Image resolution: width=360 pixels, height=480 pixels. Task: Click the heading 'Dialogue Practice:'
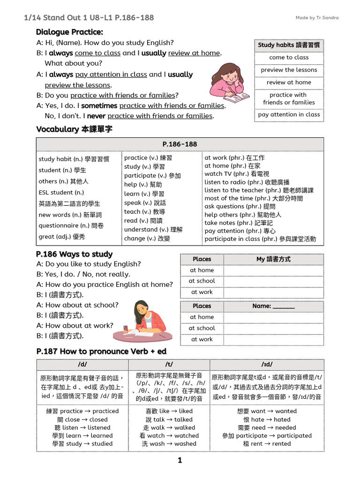click(x=69, y=32)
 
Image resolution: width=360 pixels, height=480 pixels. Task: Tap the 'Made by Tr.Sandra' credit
click(x=317, y=18)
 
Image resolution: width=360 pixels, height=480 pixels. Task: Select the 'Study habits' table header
click(x=289, y=45)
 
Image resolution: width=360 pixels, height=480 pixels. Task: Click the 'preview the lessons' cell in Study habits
click(x=289, y=70)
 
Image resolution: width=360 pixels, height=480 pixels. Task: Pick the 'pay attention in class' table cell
click(x=289, y=114)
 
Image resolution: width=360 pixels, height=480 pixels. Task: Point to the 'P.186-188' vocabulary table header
click(x=180, y=144)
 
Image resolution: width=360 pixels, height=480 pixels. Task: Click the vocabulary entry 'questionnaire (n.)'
click(x=71, y=225)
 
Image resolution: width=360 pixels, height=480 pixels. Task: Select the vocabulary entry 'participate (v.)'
click(x=152, y=176)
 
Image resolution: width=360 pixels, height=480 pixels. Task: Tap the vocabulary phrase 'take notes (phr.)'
click(x=239, y=223)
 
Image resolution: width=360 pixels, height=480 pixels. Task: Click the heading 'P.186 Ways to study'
click(x=74, y=254)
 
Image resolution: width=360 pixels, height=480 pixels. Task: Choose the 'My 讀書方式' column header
click(x=273, y=259)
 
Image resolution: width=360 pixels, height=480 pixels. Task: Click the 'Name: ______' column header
click(x=273, y=306)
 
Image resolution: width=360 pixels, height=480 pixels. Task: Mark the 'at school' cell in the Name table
click(x=202, y=328)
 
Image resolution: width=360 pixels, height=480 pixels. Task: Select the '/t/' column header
click(x=169, y=364)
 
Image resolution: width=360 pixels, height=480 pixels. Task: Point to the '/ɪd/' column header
click(x=267, y=364)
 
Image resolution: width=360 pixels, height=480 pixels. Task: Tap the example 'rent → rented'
click(x=267, y=443)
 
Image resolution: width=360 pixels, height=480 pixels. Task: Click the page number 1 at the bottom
click(x=180, y=461)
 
